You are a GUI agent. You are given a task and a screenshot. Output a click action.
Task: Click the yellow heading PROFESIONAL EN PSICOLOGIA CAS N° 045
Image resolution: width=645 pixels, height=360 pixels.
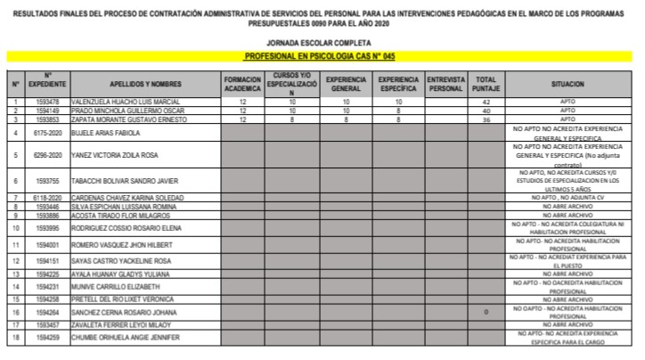point(320,55)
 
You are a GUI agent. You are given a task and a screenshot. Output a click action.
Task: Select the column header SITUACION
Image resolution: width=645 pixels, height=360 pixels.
point(568,84)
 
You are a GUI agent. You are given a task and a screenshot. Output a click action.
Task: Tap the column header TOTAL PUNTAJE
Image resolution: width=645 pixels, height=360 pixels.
point(486,84)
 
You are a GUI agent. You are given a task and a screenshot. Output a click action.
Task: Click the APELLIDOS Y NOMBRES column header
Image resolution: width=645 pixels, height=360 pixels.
point(145,84)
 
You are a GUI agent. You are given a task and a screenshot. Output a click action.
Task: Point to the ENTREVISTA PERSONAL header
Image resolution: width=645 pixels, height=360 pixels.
point(445,84)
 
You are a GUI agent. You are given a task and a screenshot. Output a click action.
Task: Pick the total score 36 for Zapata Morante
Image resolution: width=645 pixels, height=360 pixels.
point(486,119)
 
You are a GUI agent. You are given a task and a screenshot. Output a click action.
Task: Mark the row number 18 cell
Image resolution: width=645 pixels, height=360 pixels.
point(15,339)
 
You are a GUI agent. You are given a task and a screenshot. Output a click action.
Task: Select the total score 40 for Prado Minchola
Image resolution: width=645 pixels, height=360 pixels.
point(486,111)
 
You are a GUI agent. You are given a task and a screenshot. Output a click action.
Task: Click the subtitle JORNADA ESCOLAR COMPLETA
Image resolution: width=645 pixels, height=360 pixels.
point(320,42)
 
